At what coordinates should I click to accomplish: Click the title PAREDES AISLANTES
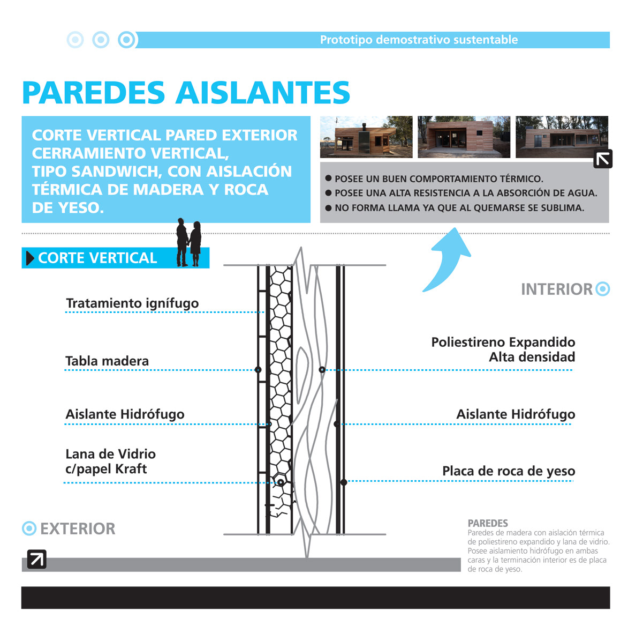[x=186, y=93]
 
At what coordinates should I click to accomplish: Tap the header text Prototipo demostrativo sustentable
[x=419, y=40]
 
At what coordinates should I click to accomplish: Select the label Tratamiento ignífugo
[x=132, y=303]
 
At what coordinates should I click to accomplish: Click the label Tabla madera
[x=107, y=361]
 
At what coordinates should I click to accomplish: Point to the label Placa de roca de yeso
[x=508, y=471]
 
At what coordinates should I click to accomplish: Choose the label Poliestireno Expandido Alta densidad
[x=503, y=349]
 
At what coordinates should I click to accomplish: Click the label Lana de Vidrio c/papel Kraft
[x=110, y=461]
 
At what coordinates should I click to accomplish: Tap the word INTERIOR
[x=557, y=289]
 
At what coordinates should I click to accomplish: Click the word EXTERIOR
[x=78, y=529]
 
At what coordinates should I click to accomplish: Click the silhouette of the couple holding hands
[x=189, y=242]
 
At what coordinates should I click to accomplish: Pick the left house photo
[x=366, y=137]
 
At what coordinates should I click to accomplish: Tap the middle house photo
[x=464, y=137]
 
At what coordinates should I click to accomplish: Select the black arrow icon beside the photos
[x=603, y=159]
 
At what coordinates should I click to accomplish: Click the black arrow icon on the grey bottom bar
[x=36, y=559]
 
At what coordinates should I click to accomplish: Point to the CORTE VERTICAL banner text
[x=97, y=258]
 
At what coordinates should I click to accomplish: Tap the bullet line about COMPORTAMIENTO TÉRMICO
[x=438, y=179]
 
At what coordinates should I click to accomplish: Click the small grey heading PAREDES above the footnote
[x=488, y=523]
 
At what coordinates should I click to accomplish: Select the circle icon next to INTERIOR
[x=603, y=289]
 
